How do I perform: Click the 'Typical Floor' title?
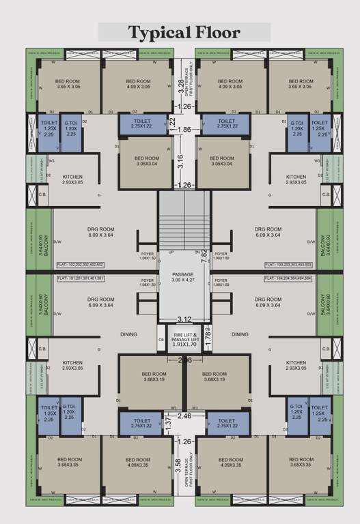[184, 32]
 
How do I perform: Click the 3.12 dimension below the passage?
[184, 319]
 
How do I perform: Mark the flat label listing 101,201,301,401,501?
[80, 278]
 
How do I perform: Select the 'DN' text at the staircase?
[196, 252]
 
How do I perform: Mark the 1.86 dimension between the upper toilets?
[184, 129]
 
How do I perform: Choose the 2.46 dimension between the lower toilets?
[184, 415]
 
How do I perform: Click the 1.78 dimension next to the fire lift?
[209, 335]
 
